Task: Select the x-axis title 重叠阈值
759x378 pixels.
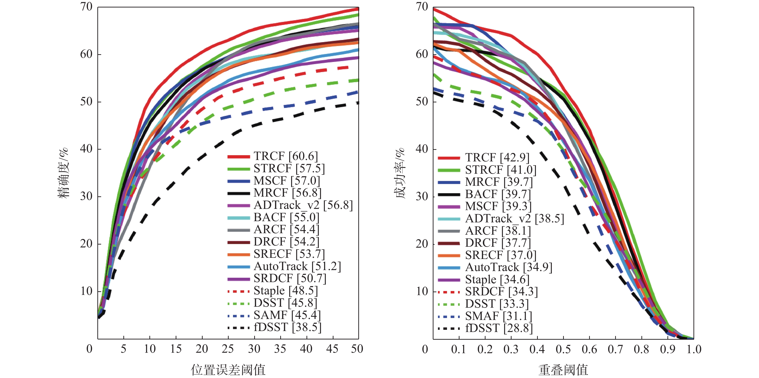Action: click(563, 370)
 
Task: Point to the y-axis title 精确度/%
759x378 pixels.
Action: click(63, 173)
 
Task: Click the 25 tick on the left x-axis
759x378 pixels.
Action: click(228, 349)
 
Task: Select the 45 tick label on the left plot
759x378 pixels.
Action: click(332, 349)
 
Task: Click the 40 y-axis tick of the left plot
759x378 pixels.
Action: click(86, 149)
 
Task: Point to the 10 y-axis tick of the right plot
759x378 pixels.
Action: click(422, 291)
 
